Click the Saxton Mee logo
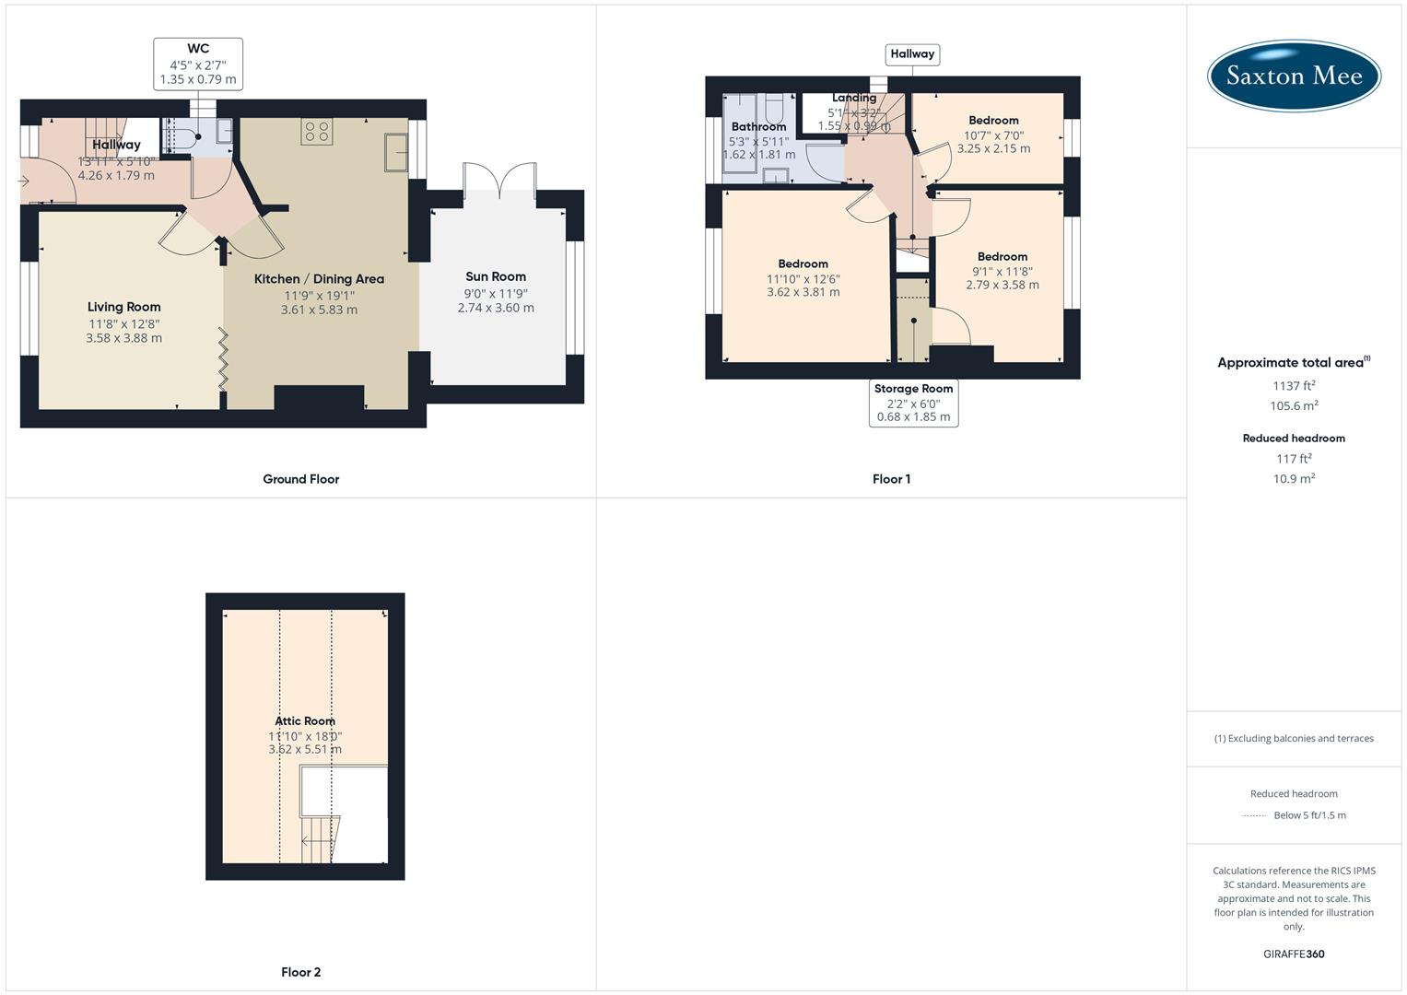(x=1294, y=76)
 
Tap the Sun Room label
(x=496, y=276)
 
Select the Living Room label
(x=124, y=307)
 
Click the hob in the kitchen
(x=317, y=132)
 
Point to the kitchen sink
(x=397, y=152)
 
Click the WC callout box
(x=198, y=64)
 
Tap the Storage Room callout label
(x=913, y=403)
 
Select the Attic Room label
(x=305, y=721)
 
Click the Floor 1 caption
(x=891, y=479)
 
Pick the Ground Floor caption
(x=301, y=479)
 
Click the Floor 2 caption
(x=301, y=972)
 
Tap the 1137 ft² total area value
(x=1294, y=386)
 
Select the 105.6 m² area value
(x=1294, y=406)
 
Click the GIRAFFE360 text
(x=1294, y=954)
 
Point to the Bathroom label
(x=758, y=127)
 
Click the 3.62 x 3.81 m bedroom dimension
(x=803, y=292)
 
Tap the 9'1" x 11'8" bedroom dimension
(x=1002, y=272)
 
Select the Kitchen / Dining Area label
(x=319, y=279)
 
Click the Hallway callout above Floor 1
(x=912, y=54)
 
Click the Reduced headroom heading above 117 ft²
(x=1294, y=439)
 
